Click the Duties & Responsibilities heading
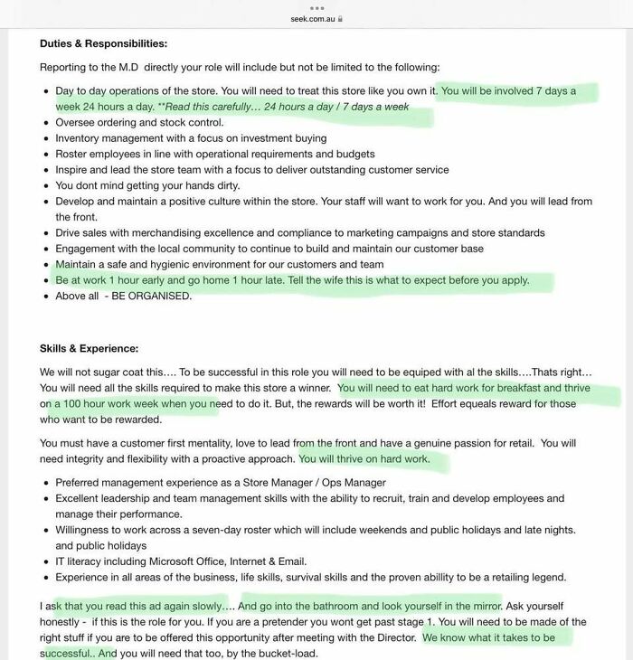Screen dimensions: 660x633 tap(103, 43)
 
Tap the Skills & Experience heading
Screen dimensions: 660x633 tap(89, 348)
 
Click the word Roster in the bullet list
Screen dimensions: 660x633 tap(73, 154)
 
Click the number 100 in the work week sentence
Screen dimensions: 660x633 tap(73, 404)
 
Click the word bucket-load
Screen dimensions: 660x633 tap(283, 654)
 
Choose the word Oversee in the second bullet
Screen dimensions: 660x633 tap(77, 122)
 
